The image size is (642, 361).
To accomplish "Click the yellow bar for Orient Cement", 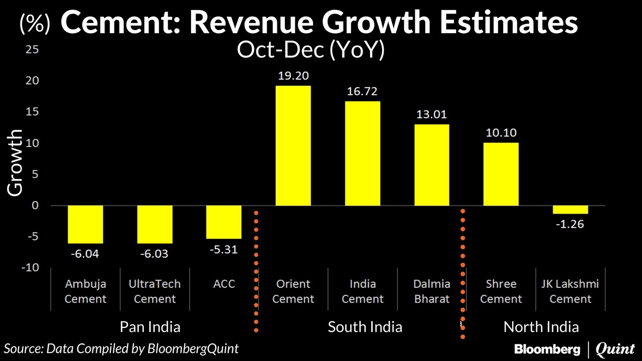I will pos(293,145).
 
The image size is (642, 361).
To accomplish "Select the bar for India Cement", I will pos(363,153).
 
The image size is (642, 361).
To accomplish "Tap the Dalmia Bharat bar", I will pos(432,165).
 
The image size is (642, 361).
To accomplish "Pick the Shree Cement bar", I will pos(501,174).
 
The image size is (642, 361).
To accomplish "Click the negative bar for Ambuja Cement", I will pos(86,224).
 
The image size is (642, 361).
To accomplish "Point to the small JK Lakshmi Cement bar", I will pos(570,210).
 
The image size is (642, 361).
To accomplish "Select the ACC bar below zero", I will pos(224,222).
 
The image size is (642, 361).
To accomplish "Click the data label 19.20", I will pos(293,76).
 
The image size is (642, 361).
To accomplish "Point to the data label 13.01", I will pos(432,114).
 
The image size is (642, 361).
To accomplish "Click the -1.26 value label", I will pos(570,224).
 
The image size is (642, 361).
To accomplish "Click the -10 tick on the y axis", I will pos(29,267).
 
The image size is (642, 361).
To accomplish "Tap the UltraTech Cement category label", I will pos(155,291).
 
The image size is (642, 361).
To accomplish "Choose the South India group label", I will pos(365,327).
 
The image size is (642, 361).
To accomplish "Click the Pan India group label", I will pos(150,327).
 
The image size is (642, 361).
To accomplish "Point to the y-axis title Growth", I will pos(15,162).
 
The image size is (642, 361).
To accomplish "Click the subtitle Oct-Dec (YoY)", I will pos(310,51).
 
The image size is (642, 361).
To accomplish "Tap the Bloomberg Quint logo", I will pos(574,348).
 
